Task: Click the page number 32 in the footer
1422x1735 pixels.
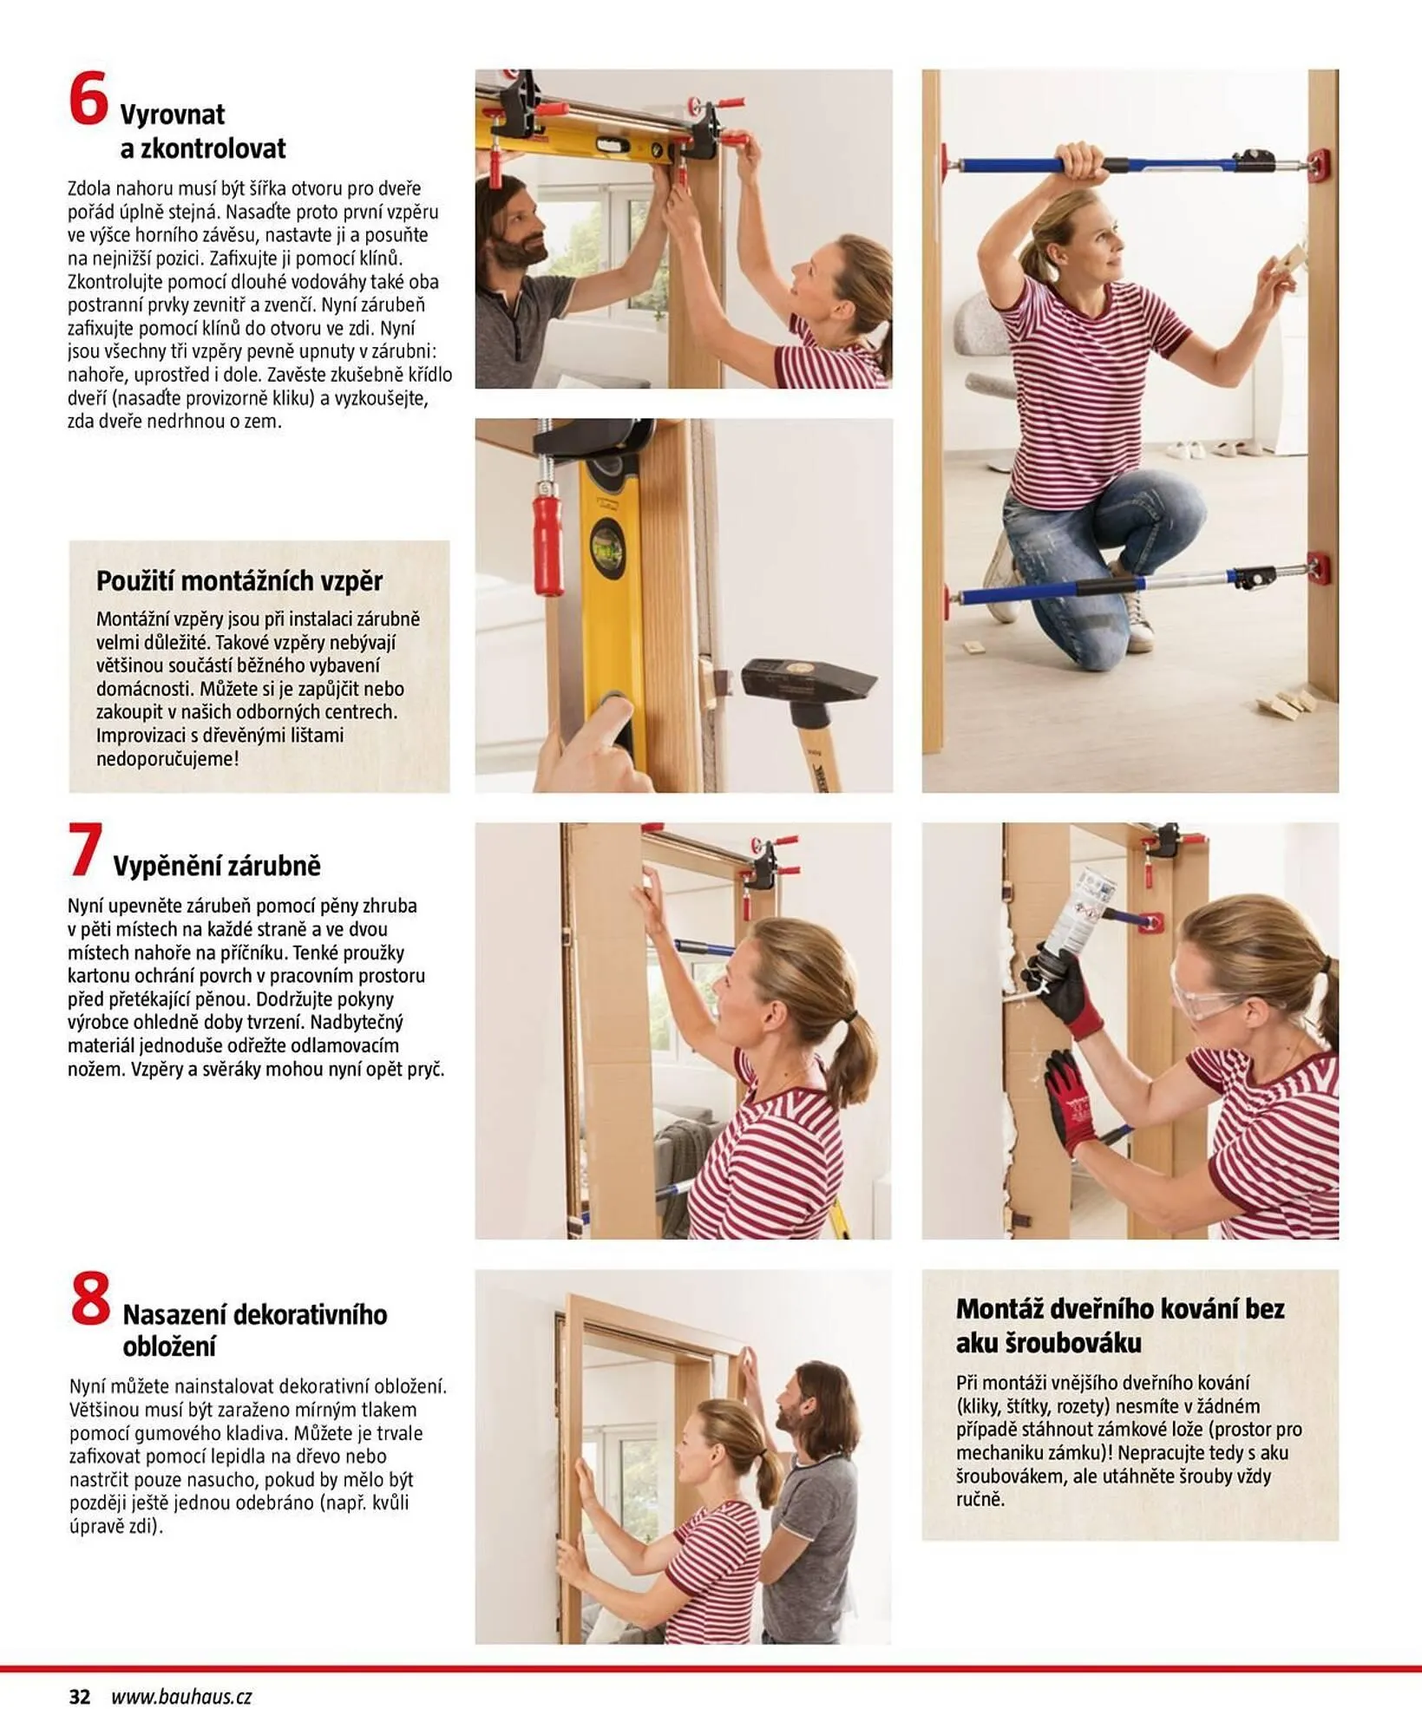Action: pyautogui.click(x=79, y=1697)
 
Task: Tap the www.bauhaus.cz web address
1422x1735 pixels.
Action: pyautogui.click(x=181, y=1697)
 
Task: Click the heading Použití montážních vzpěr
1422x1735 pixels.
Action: pyautogui.click(x=239, y=580)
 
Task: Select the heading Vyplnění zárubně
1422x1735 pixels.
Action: pyautogui.click(x=216, y=865)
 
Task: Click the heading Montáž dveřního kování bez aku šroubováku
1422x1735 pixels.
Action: pyautogui.click(x=1119, y=1326)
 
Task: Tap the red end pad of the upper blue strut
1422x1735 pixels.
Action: pyautogui.click(x=1318, y=161)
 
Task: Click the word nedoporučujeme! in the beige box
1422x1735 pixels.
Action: pyautogui.click(x=167, y=758)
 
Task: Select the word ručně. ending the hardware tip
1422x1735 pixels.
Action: pyautogui.click(x=980, y=1499)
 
